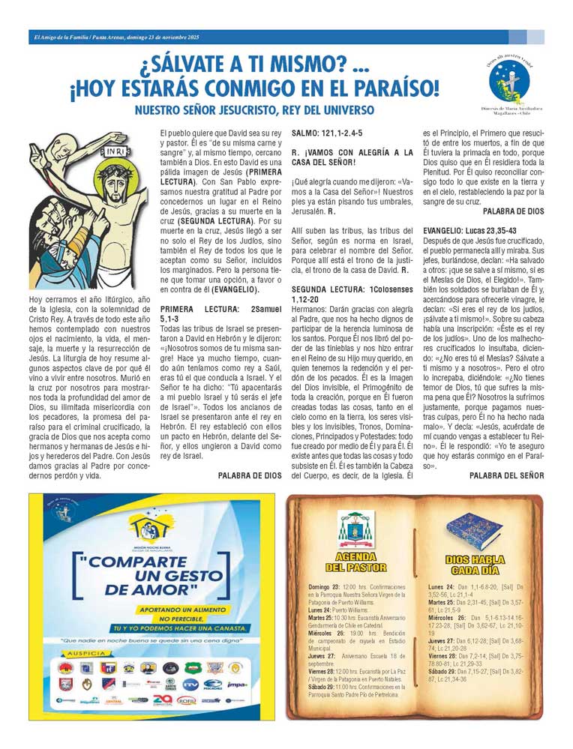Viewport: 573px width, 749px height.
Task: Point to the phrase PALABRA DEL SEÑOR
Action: (x=506, y=475)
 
